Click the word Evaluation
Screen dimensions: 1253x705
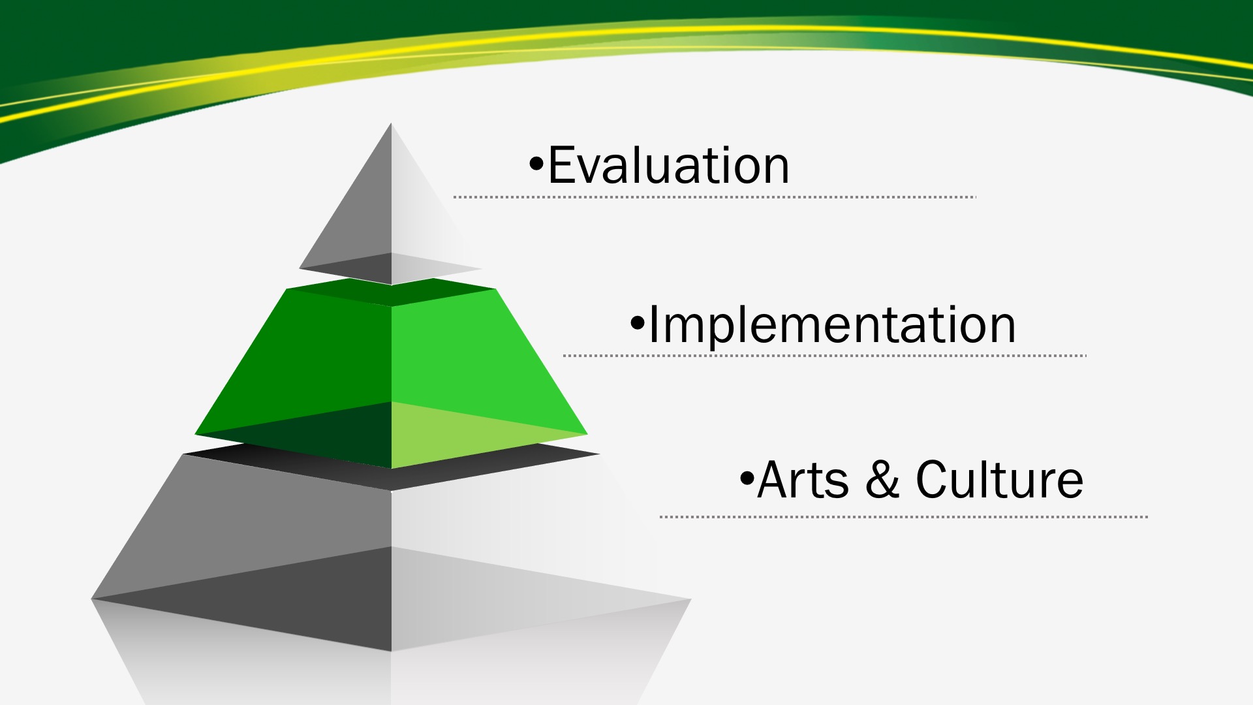(669, 165)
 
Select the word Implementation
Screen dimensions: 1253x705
(832, 324)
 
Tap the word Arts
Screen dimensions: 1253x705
(803, 480)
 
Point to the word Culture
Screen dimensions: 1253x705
(999, 480)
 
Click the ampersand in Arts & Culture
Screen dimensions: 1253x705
(882, 480)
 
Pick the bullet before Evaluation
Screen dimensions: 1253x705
(536, 164)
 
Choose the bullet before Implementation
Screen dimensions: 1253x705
(638, 322)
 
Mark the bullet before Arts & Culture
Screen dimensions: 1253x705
(747, 478)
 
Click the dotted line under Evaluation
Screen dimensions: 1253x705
(715, 196)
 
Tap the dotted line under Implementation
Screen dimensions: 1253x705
(825, 356)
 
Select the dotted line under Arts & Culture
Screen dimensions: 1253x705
(904, 516)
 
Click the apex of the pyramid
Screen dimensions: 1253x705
(391, 123)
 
